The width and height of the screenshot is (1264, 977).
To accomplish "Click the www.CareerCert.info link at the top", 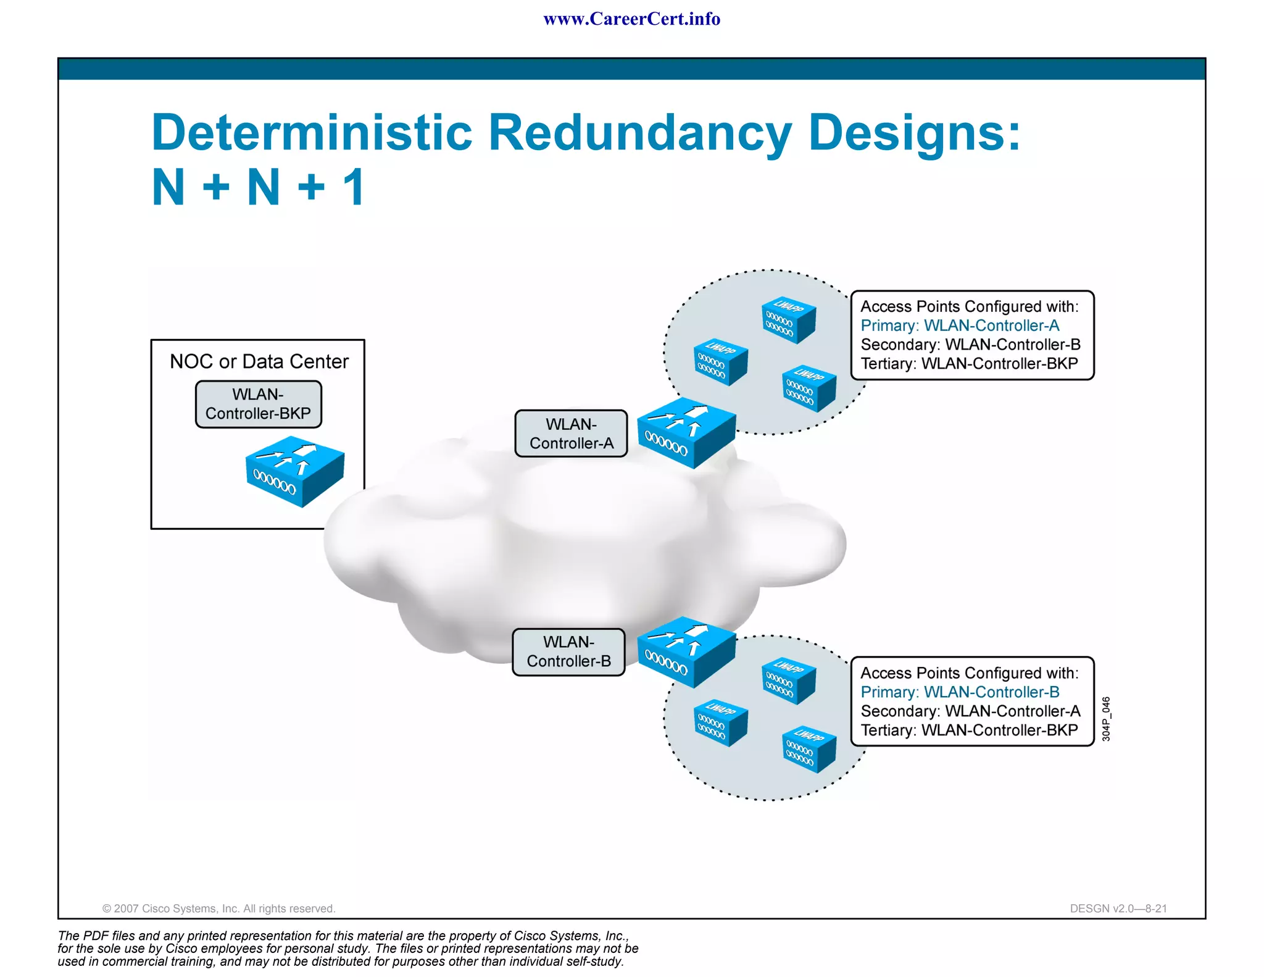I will click(x=631, y=19).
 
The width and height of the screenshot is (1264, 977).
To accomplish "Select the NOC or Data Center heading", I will click(x=259, y=361).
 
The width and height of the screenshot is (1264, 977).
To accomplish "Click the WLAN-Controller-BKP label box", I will click(x=259, y=404).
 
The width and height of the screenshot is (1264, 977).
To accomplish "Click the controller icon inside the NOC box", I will click(x=295, y=471).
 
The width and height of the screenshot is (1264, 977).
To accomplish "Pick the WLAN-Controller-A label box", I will click(x=571, y=434).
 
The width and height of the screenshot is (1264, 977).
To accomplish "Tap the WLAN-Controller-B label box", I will click(x=568, y=652).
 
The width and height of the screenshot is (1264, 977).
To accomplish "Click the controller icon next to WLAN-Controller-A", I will click(x=686, y=432).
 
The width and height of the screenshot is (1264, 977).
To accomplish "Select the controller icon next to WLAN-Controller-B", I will click(x=686, y=652).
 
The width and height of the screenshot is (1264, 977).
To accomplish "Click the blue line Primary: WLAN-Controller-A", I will click(x=960, y=325).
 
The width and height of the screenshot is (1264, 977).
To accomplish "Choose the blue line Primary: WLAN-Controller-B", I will click(x=960, y=692).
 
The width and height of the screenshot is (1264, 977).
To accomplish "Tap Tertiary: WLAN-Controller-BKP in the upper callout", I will click(x=969, y=364).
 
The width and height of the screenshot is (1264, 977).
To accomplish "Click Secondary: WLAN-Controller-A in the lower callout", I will click(x=970, y=711).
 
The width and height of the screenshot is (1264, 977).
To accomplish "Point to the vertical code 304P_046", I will click(x=1106, y=719).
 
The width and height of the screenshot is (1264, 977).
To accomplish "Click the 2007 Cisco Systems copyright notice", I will click(x=218, y=908).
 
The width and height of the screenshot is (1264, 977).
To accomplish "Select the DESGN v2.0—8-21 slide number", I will click(x=1118, y=908).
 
